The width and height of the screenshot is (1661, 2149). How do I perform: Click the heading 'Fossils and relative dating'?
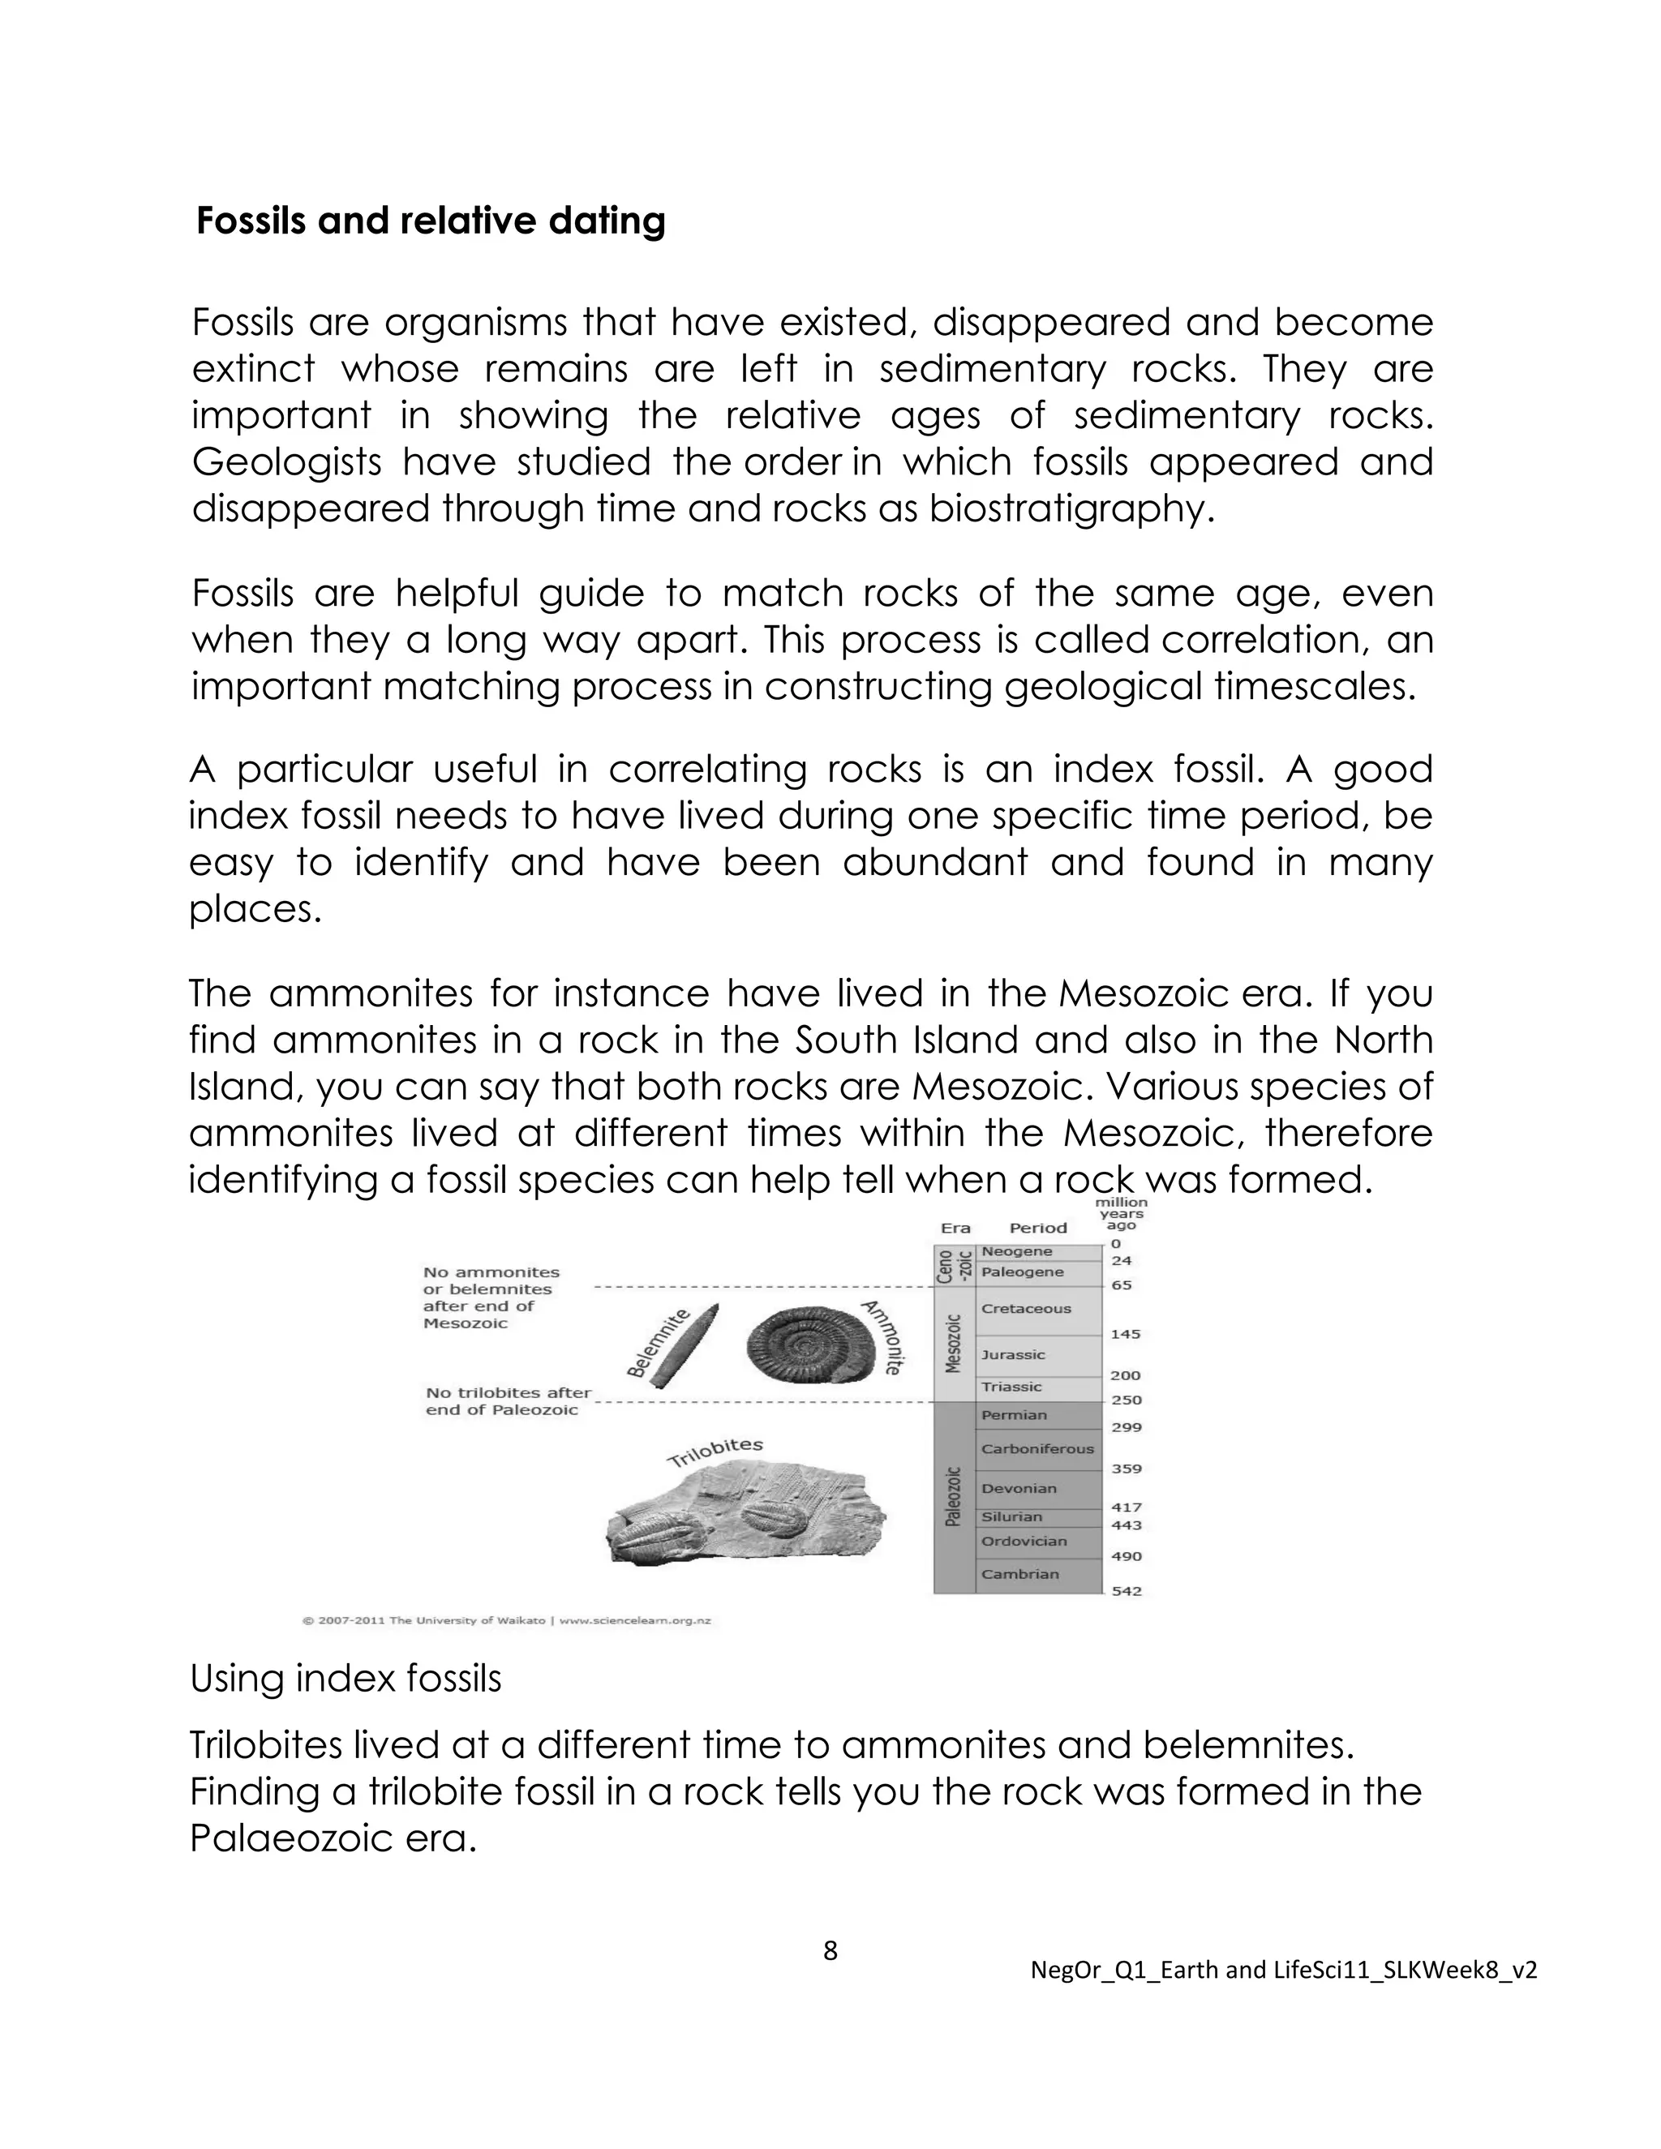[x=430, y=221]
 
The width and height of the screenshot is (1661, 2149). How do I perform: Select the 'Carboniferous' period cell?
[x=1037, y=1448]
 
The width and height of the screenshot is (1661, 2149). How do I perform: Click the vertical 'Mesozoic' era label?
[x=951, y=1342]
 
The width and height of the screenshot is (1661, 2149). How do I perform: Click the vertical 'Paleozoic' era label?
[x=951, y=1497]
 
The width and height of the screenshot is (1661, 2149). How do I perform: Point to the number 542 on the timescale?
[x=1127, y=1591]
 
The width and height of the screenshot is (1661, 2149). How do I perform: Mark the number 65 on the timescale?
[x=1121, y=1285]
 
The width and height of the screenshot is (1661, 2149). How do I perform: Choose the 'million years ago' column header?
[x=1121, y=1213]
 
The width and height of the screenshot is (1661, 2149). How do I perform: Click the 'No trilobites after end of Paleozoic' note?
[x=508, y=1401]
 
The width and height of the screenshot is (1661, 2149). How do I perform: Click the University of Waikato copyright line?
[x=507, y=1620]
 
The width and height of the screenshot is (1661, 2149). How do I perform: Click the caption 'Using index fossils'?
[x=346, y=1679]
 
